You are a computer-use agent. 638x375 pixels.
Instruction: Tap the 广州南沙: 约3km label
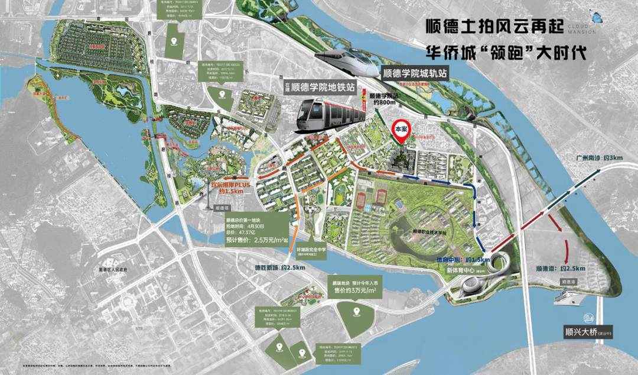pyautogui.click(x=599, y=158)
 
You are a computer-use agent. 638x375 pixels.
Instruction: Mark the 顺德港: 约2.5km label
pyautogui.click(x=560, y=268)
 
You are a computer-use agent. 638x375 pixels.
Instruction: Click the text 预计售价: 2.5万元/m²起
pyautogui.click(x=256, y=240)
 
